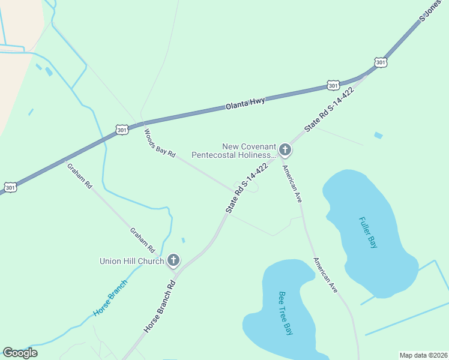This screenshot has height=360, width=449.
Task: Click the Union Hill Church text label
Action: click(x=131, y=261)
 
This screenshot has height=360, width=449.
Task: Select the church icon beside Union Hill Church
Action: click(x=173, y=260)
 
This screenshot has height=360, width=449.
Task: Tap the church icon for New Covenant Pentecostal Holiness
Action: click(x=285, y=149)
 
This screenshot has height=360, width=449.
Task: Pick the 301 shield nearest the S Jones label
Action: click(x=381, y=62)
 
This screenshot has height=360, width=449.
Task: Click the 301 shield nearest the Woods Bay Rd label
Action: click(x=122, y=129)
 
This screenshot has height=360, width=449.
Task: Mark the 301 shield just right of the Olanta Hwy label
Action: click(x=334, y=85)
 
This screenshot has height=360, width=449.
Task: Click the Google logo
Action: click(x=20, y=353)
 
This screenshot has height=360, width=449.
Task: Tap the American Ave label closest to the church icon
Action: click(x=291, y=184)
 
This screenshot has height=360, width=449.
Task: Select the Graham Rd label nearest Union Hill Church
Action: click(x=143, y=239)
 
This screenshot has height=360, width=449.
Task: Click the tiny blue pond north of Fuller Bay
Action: click(x=378, y=136)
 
